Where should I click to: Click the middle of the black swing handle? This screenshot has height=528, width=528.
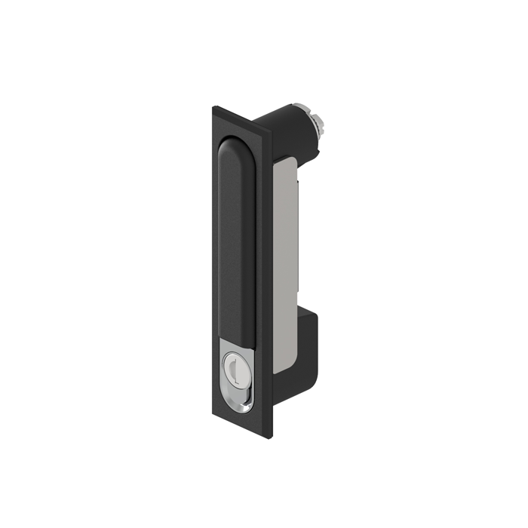[235, 241]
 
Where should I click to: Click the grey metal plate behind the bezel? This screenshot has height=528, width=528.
[285, 264]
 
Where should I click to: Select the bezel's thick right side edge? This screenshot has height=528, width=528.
[269, 287]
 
